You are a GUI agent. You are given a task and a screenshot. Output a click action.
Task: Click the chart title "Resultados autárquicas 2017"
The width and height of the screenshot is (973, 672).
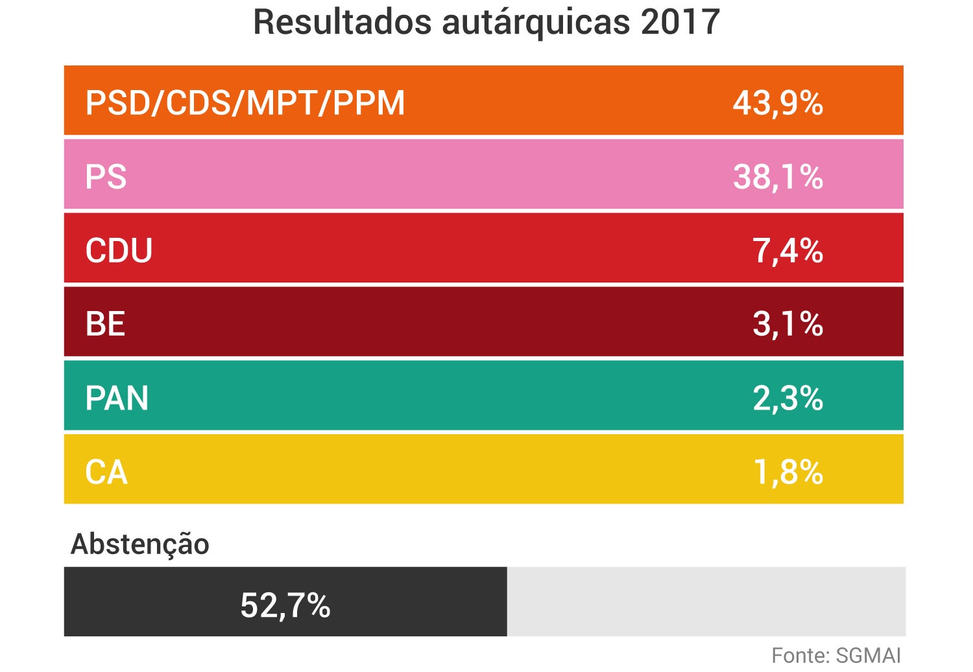click(x=486, y=22)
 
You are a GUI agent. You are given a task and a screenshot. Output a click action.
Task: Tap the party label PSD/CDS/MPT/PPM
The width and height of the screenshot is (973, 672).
click(x=245, y=103)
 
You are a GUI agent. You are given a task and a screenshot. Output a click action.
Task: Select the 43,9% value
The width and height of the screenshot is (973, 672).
click(x=778, y=103)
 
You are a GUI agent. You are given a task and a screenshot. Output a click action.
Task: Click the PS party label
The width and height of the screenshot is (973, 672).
click(x=106, y=177)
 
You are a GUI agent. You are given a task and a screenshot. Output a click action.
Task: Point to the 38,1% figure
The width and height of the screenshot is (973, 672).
click(x=778, y=177)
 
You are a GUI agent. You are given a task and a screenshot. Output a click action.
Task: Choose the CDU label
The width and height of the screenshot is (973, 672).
click(x=119, y=251)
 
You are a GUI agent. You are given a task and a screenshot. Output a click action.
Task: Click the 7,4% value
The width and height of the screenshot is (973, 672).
click(x=787, y=251)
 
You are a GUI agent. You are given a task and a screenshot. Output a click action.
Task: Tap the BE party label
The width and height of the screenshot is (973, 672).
click(x=105, y=324)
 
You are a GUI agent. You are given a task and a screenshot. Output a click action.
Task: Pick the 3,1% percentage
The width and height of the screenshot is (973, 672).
click(x=787, y=324)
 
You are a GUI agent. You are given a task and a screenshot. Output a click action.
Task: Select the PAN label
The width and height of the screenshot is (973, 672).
click(x=117, y=398)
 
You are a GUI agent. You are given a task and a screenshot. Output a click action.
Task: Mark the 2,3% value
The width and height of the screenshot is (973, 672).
click(x=787, y=398)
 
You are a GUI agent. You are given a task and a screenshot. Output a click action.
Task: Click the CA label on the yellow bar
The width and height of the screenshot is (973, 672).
click(x=106, y=472)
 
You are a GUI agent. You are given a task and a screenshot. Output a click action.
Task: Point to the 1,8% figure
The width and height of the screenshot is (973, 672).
click(x=787, y=472)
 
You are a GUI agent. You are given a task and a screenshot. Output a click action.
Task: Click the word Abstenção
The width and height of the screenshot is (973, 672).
click(x=140, y=544)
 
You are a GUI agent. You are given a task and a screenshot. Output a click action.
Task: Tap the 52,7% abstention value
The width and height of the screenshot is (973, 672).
click(x=285, y=605)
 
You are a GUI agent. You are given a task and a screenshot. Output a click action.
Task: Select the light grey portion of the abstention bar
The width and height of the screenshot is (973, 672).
click(x=706, y=602)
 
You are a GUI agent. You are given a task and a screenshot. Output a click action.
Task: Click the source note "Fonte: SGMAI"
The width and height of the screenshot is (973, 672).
click(x=836, y=656)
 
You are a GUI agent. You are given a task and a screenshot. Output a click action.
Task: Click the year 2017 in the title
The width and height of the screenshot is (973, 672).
click(x=680, y=22)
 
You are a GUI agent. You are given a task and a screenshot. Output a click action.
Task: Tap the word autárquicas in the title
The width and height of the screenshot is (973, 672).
click(x=536, y=22)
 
